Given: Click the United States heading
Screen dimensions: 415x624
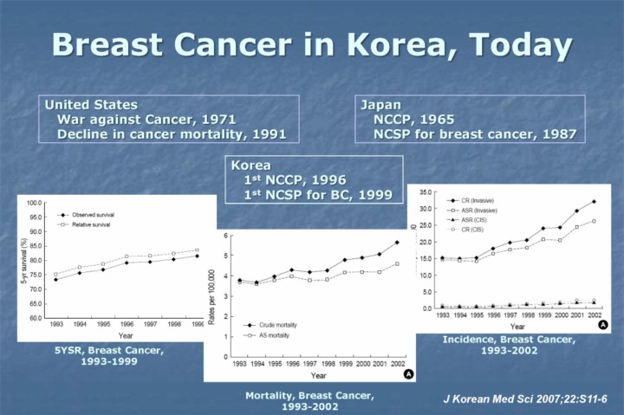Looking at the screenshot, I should click(91, 105).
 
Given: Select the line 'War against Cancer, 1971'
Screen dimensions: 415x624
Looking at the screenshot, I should click(146, 120).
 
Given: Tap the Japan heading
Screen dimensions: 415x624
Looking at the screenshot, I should click(381, 105).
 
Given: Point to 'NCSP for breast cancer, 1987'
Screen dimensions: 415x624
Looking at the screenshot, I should click(474, 134).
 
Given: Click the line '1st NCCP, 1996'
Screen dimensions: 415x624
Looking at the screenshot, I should click(295, 180).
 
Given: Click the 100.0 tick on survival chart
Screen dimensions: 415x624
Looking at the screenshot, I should click(35, 203).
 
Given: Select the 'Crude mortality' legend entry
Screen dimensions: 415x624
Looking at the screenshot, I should click(268, 323).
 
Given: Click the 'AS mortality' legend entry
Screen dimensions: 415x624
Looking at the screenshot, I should click(264, 334).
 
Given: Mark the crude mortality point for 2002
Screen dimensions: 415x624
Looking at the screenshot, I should click(397, 243).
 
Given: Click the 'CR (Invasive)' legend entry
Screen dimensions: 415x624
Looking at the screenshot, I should click(473, 200).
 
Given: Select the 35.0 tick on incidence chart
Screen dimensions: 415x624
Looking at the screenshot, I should click(426, 191).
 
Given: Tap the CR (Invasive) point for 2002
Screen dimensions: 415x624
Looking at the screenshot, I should click(593, 201).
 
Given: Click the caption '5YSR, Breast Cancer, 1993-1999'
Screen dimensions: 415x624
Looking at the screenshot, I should click(107, 353).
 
